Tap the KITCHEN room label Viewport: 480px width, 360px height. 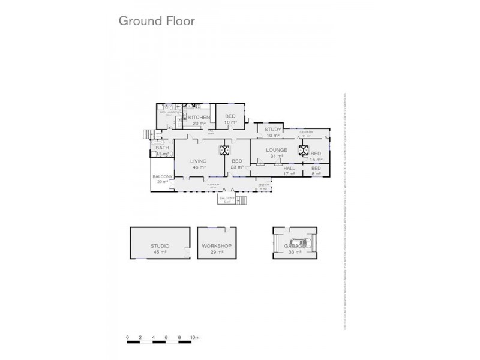pos(199,118)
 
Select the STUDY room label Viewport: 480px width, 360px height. pos(273,130)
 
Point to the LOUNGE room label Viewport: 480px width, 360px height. pos(277,150)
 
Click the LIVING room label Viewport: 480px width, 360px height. pos(199,161)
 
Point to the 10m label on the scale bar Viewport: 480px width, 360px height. pos(194,337)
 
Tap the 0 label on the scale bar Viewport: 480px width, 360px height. pos(128,337)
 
